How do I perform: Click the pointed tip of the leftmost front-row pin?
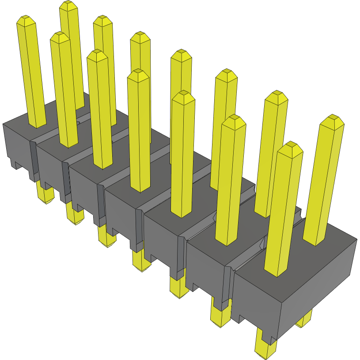[x=27, y=20]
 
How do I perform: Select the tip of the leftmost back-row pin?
[x=68, y=5]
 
